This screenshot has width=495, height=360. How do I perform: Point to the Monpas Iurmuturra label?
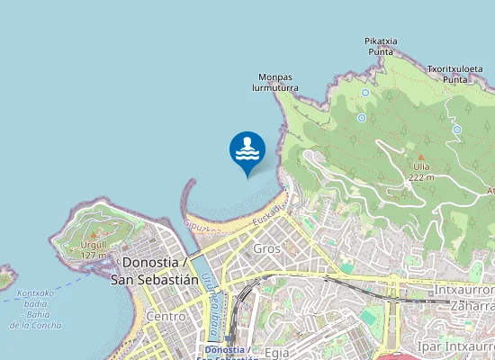pos(278,83)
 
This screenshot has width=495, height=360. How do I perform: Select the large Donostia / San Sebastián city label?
pos(153,271)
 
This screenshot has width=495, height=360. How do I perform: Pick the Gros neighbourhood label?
pos(267,248)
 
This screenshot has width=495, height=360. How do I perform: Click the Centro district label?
pos(166,317)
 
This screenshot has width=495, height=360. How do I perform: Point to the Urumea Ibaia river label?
pos(213,301)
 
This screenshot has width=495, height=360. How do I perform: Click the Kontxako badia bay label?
pos(36,309)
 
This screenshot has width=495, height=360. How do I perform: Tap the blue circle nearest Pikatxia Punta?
pos(366,93)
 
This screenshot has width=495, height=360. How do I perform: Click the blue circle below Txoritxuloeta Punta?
pos(456,130)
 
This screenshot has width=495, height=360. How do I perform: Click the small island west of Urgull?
pos(5,277)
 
